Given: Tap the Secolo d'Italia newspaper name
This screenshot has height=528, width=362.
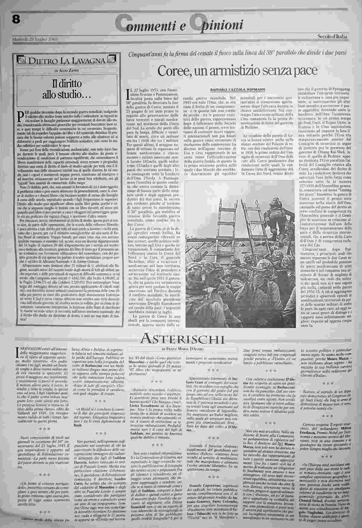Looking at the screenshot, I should [x=332, y=37].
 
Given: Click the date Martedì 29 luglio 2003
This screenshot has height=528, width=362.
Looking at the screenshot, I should [x=35, y=39].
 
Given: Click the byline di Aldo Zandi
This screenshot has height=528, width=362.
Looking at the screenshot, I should [x=67, y=70].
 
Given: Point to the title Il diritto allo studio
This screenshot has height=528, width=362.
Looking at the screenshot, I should [x=67, y=89].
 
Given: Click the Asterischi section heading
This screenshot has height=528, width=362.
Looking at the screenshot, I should [x=182, y=339].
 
